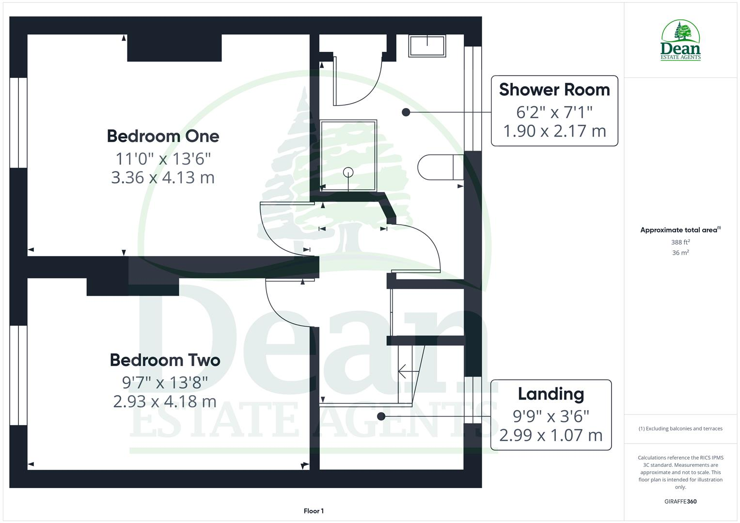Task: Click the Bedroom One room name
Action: tap(163, 136)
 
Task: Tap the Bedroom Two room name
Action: tap(165, 360)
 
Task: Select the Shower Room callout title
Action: tap(554, 90)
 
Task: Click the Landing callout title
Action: tap(551, 394)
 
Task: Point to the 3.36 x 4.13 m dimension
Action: tap(163, 178)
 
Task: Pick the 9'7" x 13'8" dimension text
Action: tap(165, 383)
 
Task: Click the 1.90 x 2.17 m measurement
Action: tap(554, 131)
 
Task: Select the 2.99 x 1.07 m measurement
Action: tap(551, 435)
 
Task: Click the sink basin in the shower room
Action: tap(427, 46)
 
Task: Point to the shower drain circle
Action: tap(348, 172)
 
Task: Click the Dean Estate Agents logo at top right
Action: tap(680, 41)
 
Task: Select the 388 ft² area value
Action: tap(680, 242)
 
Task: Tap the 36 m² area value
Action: tap(680, 253)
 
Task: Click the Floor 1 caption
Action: tap(314, 511)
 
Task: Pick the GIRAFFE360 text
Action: tap(680, 501)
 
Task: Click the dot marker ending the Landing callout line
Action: tap(381, 416)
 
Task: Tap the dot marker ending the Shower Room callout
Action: tap(406, 112)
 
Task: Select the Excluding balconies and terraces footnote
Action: tap(680, 429)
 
